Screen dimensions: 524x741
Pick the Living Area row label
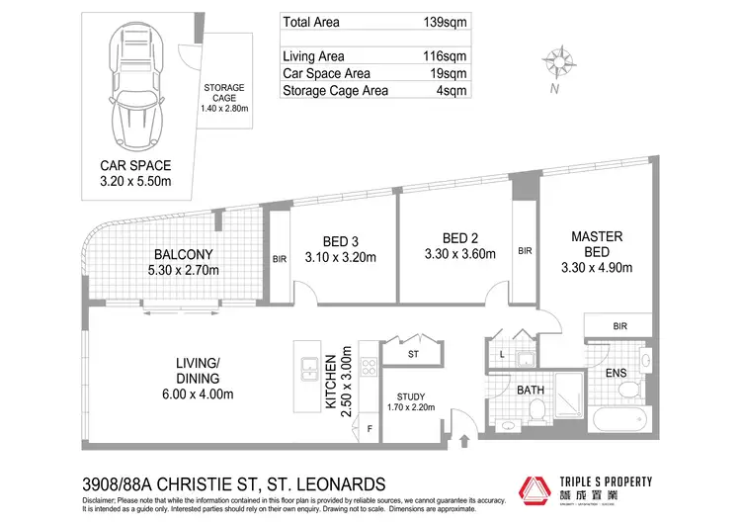click(314, 56)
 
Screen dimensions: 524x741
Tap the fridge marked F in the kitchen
click(370, 428)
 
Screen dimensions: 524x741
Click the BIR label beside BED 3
click(280, 259)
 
